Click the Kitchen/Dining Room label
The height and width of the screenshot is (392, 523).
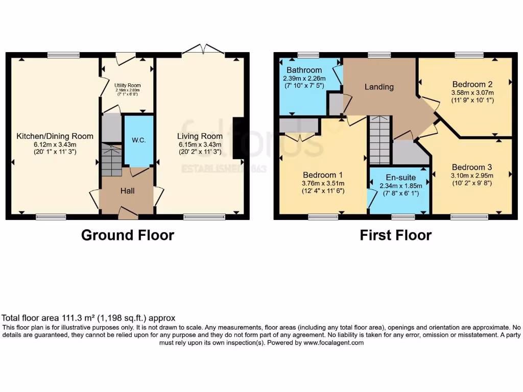[55, 136]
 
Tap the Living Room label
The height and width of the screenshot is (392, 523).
[200, 136]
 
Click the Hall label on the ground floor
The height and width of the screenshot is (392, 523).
[127, 190]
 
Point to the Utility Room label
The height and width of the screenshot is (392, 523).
[127, 85]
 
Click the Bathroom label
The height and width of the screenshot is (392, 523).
[304, 70]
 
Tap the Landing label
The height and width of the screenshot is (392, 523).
[379, 87]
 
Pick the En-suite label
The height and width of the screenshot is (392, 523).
[400, 178]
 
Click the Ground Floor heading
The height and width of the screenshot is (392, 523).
[128, 235]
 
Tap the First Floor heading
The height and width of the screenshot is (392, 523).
[395, 235]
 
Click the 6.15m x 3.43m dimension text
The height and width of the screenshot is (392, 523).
[200, 144]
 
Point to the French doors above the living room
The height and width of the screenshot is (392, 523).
[203, 50]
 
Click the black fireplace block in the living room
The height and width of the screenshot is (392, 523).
[238, 138]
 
